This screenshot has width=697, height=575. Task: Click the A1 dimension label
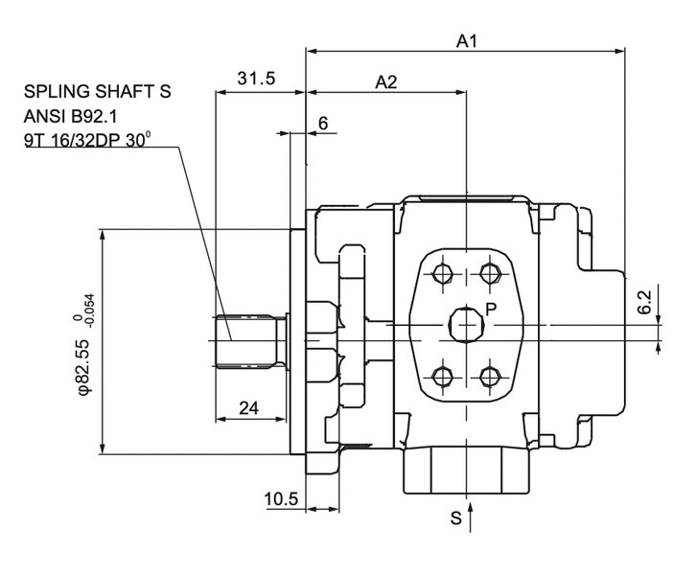[x=466, y=41]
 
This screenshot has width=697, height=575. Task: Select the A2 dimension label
[x=385, y=83]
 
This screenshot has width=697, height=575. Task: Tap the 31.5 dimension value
[x=257, y=80]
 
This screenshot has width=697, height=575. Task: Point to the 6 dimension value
[x=322, y=123]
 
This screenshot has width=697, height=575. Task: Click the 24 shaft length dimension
[x=248, y=408]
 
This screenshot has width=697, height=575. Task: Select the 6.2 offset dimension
[x=644, y=303]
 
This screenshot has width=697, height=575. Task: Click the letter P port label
[x=490, y=309]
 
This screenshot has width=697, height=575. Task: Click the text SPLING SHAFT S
[x=97, y=93]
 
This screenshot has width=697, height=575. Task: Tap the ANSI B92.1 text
[x=73, y=116]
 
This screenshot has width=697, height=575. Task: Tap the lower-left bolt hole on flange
[x=442, y=375]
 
